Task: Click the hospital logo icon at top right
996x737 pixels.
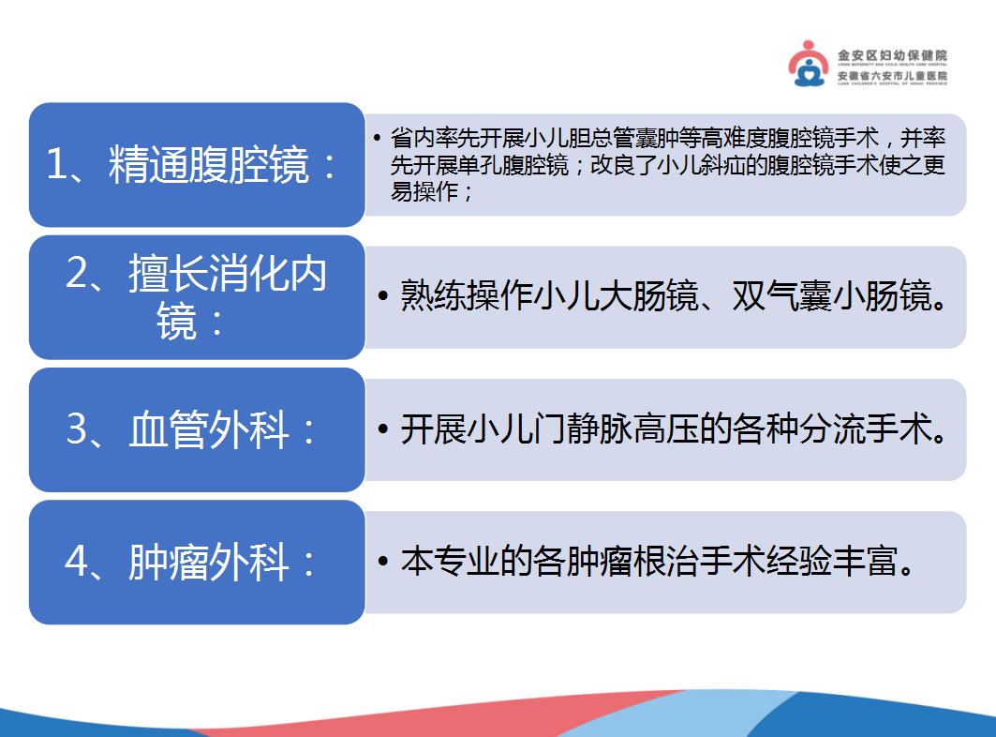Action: tap(811, 64)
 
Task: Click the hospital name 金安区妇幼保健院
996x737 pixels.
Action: tap(891, 56)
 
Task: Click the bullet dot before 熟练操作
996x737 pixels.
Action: tap(383, 297)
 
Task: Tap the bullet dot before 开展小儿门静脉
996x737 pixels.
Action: tap(383, 430)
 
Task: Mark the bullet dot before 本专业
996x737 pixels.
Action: tap(383, 563)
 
